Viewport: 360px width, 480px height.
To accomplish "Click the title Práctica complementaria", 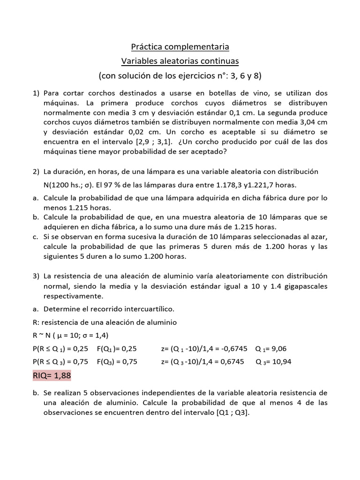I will pos(180,47).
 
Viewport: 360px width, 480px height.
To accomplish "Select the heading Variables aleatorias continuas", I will pos(180,61).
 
